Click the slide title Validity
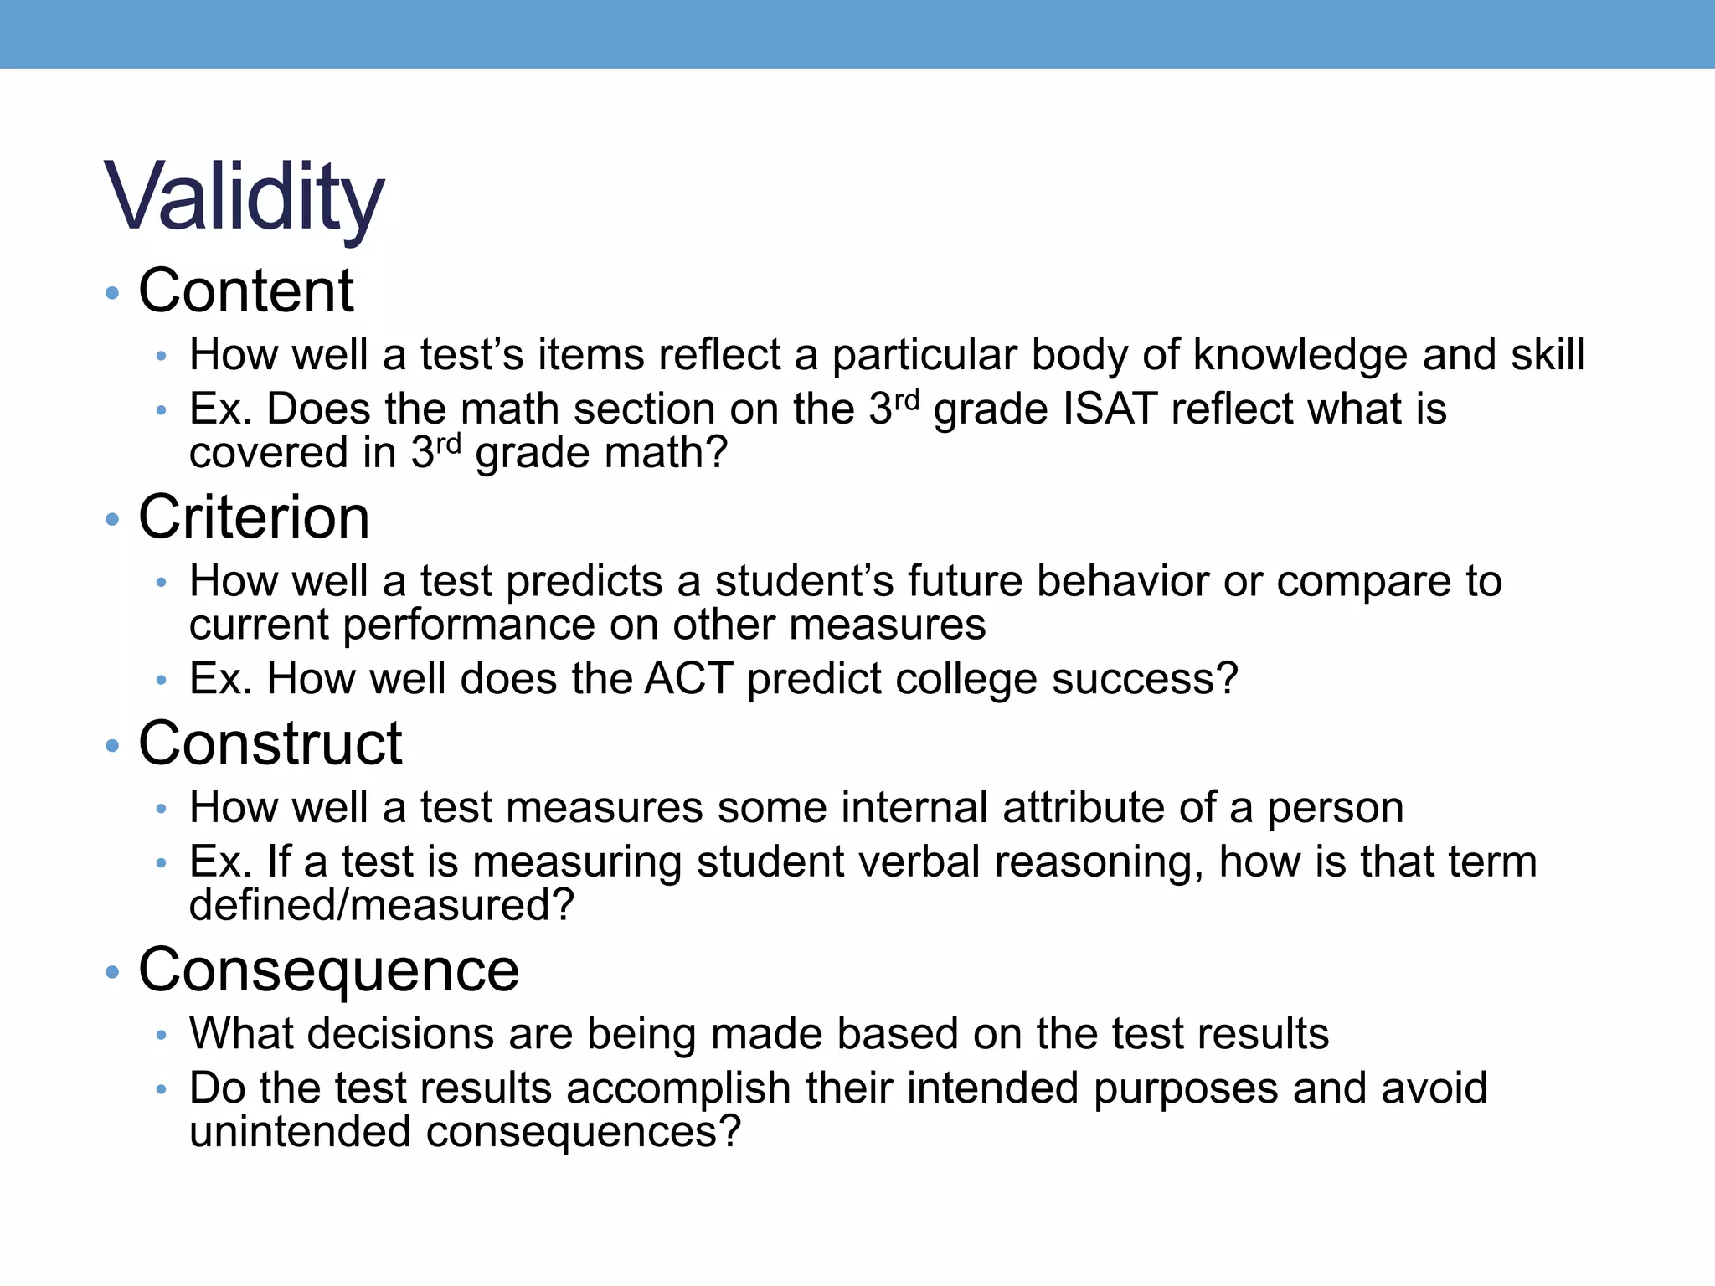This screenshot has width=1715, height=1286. tap(244, 198)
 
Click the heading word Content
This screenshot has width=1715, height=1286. tap(246, 291)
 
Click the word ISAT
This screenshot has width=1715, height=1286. tap(1110, 409)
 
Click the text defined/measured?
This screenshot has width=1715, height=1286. tap(382, 905)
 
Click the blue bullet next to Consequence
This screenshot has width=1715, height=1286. tap(113, 972)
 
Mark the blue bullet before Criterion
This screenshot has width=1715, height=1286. tap(113, 519)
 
